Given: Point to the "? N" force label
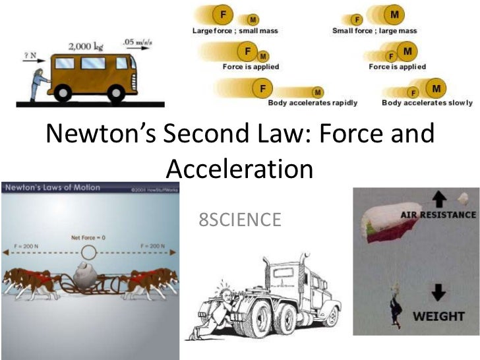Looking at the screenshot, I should pos(30,55).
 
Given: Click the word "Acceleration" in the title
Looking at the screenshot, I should pos(239,169).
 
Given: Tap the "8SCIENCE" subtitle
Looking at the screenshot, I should pos(239,218).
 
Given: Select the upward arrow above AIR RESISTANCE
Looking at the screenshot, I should pos(439,197).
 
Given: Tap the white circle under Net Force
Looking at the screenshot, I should pos(89,251).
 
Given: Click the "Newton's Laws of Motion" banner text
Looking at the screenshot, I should pos(54,188).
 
